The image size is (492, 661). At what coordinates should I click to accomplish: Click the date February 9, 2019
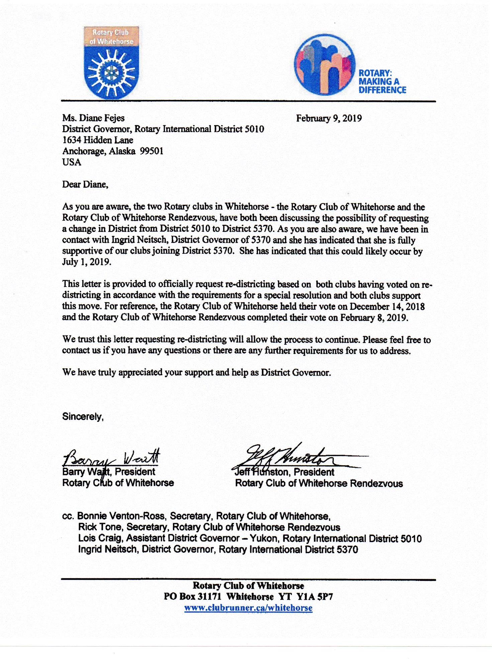click(329, 118)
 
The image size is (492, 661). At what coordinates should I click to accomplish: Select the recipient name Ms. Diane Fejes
click(93, 118)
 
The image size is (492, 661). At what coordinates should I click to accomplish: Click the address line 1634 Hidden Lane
click(98, 140)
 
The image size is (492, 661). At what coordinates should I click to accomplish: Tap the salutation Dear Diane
click(85, 184)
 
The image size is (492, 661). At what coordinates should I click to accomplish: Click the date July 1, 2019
click(86, 262)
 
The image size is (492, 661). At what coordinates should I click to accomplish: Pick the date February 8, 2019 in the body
click(374, 317)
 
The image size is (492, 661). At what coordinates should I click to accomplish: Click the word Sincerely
click(83, 417)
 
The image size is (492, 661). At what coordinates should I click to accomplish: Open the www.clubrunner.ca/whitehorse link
click(248, 608)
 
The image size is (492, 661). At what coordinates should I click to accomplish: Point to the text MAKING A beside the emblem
click(379, 81)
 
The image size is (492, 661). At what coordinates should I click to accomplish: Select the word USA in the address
click(72, 162)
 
